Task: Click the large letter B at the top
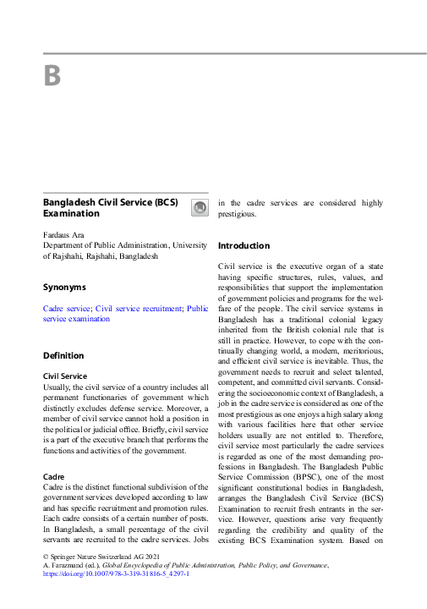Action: coord(52,77)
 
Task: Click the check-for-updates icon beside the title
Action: coord(199,208)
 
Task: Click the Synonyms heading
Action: coord(64,287)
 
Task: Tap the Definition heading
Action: coord(63,355)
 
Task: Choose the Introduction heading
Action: coord(244,246)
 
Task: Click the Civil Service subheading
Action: coord(64,376)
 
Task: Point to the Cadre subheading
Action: coord(54,477)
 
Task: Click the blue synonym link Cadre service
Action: coord(67,309)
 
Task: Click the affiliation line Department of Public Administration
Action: coord(110,244)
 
